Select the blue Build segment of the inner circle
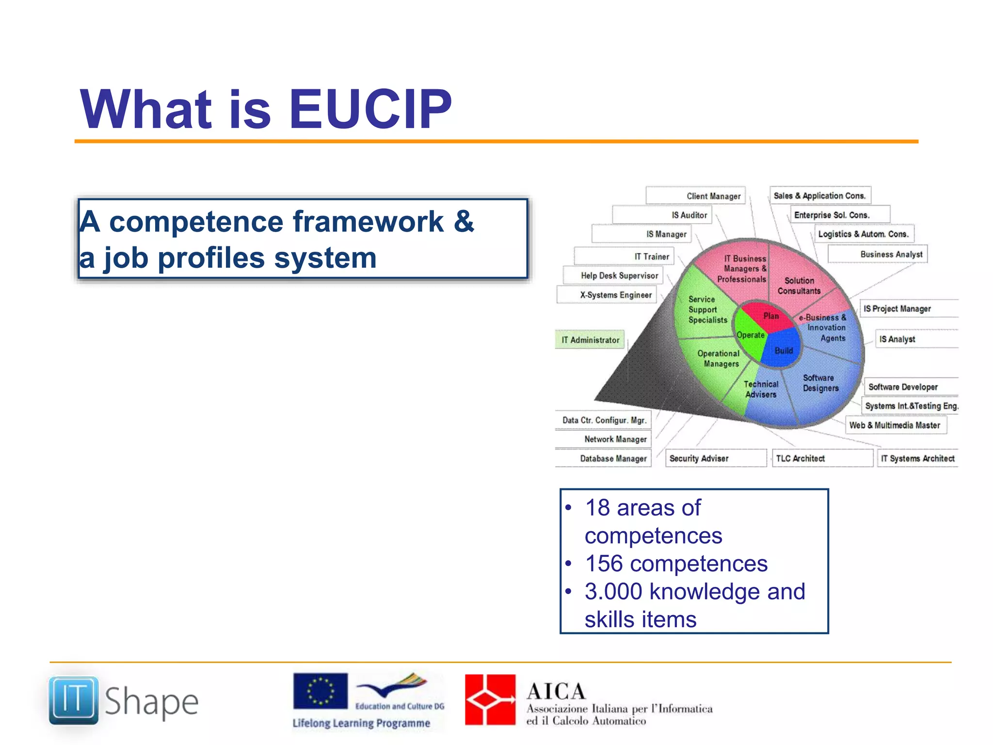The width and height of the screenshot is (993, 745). coord(782,349)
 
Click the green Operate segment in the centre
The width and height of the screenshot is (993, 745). coord(750,335)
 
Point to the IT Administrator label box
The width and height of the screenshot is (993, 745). coord(590,340)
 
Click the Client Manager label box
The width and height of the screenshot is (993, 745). coord(696,196)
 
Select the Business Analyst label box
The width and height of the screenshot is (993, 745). coord(877,254)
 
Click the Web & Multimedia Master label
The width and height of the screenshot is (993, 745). coord(895,425)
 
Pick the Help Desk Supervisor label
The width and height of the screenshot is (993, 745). coord(612,275)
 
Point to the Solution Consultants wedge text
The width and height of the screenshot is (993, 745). coord(799,286)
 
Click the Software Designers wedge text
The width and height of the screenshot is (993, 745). coord(820,383)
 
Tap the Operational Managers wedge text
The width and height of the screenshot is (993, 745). coord(719,358)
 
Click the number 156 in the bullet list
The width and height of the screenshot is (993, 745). coord(604,564)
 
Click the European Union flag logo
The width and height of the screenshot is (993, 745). coord(320,691)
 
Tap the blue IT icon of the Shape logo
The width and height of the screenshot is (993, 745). coord(74,700)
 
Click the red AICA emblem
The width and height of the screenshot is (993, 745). coord(490,699)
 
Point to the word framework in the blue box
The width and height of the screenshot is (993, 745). coord(368,222)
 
